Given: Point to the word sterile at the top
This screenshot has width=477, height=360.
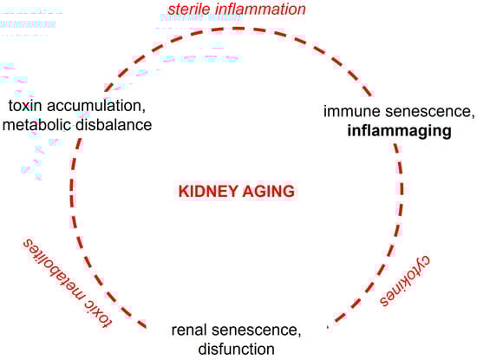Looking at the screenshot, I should (x=185, y=10).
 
